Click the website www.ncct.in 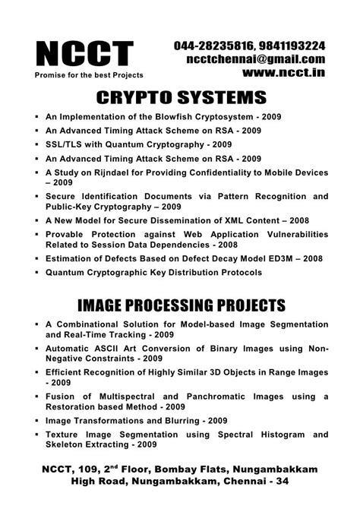tap(284, 74)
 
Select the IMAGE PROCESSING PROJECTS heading tap(180, 306)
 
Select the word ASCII tap(110, 349)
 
